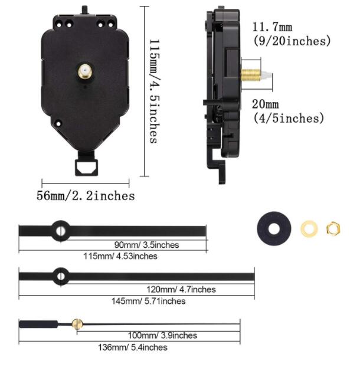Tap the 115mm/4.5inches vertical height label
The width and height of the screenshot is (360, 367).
(x=153, y=91)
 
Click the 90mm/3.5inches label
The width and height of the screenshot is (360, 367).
(x=146, y=245)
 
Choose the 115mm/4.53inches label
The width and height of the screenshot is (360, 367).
(x=120, y=256)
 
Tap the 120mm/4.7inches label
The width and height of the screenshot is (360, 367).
(x=181, y=290)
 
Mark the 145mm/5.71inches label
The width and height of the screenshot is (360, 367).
(x=148, y=301)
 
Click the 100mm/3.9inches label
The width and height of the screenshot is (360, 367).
(x=162, y=335)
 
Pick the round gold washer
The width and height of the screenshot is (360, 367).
(x=309, y=228)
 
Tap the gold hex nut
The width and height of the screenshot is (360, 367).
(x=333, y=227)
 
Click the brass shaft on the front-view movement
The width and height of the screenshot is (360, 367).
(x=86, y=74)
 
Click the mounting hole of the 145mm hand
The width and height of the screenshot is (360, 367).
(x=60, y=275)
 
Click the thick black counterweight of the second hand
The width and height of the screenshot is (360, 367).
(x=39, y=323)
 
